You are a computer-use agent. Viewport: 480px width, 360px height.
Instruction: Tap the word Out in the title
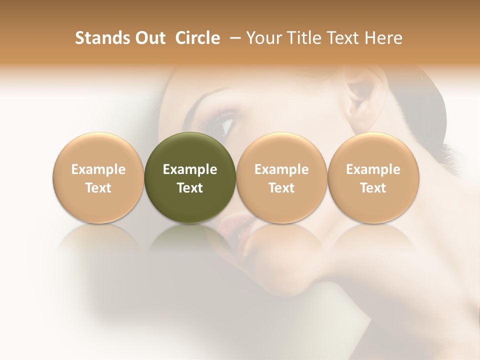coord(149,38)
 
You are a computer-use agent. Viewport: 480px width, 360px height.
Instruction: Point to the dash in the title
coord(233,38)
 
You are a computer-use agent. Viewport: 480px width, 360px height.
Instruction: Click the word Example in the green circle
coord(190,169)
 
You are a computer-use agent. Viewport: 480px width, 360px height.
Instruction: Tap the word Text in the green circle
coord(190,188)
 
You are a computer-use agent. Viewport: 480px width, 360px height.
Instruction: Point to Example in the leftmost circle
coord(98,169)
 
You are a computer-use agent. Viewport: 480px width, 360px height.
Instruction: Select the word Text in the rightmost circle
coord(373,188)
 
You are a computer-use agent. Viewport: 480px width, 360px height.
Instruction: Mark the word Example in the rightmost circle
coord(373,169)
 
